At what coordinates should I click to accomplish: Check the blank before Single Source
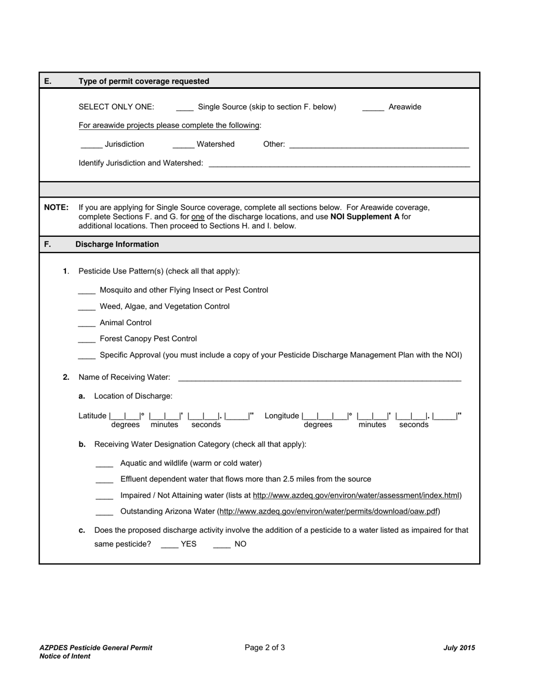click(185, 107)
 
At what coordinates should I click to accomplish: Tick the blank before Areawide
click(373, 107)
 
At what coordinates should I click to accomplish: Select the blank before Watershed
click(183, 145)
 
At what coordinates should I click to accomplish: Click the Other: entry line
click(378, 145)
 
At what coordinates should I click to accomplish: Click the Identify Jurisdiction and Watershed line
click(339, 164)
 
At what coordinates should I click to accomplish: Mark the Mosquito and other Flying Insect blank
click(87, 291)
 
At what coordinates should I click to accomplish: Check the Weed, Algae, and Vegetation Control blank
click(87, 307)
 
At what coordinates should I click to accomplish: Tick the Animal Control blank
click(87, 323)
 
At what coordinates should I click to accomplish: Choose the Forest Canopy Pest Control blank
click(87, 339)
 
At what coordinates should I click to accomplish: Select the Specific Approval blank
click(87, 356)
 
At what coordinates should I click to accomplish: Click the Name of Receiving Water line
click(319, 378)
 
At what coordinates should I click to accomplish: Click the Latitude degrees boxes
click(125, 416)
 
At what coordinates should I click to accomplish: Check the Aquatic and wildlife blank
click(104, 464)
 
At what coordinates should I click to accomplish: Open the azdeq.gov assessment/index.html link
click(356, 496)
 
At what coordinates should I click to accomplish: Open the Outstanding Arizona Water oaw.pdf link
click(328, 512)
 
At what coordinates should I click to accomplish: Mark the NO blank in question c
click(222, 545)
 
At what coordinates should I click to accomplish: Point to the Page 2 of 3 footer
click(265, 648)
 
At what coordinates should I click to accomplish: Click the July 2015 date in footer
click(459, 648)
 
